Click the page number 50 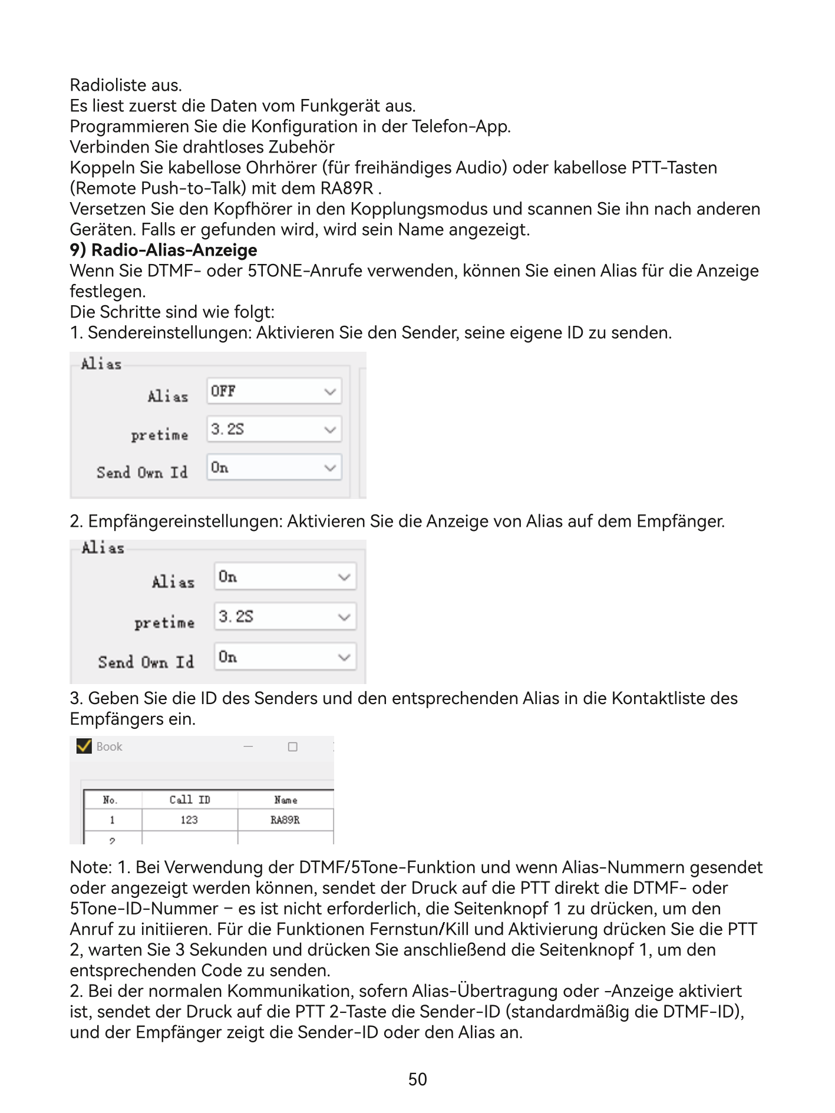point(417,1079)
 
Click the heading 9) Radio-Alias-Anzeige point(163,250)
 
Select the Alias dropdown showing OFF point(274,391)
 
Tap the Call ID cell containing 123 point(189,820)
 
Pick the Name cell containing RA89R point(285,820)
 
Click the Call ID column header point(189,800)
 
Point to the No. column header point(110,800)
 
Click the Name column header point(285,800)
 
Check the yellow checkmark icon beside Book point(84,746)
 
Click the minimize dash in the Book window point(248,747)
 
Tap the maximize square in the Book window point(292,747)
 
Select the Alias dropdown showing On point(285,577)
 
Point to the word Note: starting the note point(91,867)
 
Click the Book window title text point(109,747)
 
